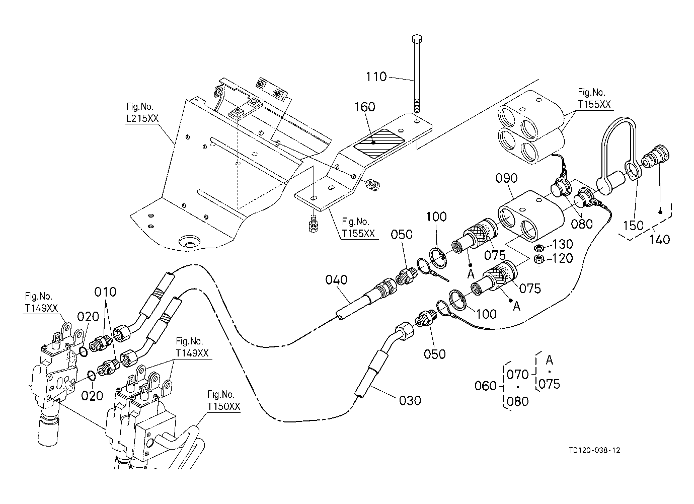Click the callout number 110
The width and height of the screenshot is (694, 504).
click(376, 77)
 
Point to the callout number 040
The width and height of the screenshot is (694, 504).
click(336, 279)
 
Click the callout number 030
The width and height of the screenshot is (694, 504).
click(410, 400)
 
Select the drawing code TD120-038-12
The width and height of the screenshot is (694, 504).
click(594, 450)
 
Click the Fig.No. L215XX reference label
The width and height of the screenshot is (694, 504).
click(142, 112)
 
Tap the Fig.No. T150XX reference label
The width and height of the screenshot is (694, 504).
click(223, 400)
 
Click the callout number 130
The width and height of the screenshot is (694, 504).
click(563, 244)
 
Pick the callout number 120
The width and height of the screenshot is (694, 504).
click(563, 258)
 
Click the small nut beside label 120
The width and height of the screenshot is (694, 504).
click(539, 259)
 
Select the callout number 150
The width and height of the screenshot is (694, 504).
click(633, 226)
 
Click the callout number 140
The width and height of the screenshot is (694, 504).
click(660, 239)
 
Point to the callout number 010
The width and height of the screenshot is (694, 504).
click(105, 292)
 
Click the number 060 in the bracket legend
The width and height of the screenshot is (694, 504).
click(486, 386)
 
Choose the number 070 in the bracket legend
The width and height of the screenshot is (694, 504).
click(517, 375)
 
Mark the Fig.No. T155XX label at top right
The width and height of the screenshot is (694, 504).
click(594, 98)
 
